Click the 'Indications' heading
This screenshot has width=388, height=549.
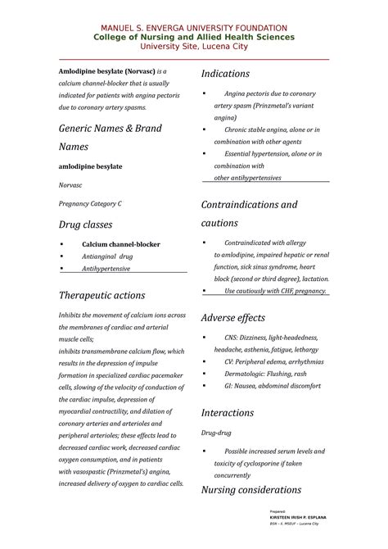click(232, 75)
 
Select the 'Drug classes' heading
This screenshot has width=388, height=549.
click(84, 225)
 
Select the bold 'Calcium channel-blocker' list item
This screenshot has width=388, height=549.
click(120, 244)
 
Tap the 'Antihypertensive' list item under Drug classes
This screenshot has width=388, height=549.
click(106, 268)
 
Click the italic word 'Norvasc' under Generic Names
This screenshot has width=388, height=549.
click(70, 184)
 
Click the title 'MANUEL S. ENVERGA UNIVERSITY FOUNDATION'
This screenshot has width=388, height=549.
click(194, 28)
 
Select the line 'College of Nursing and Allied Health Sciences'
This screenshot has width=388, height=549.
click(194, 38)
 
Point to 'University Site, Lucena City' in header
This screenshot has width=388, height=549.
click(194, 47)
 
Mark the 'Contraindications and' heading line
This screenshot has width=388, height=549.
click(250, 205)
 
